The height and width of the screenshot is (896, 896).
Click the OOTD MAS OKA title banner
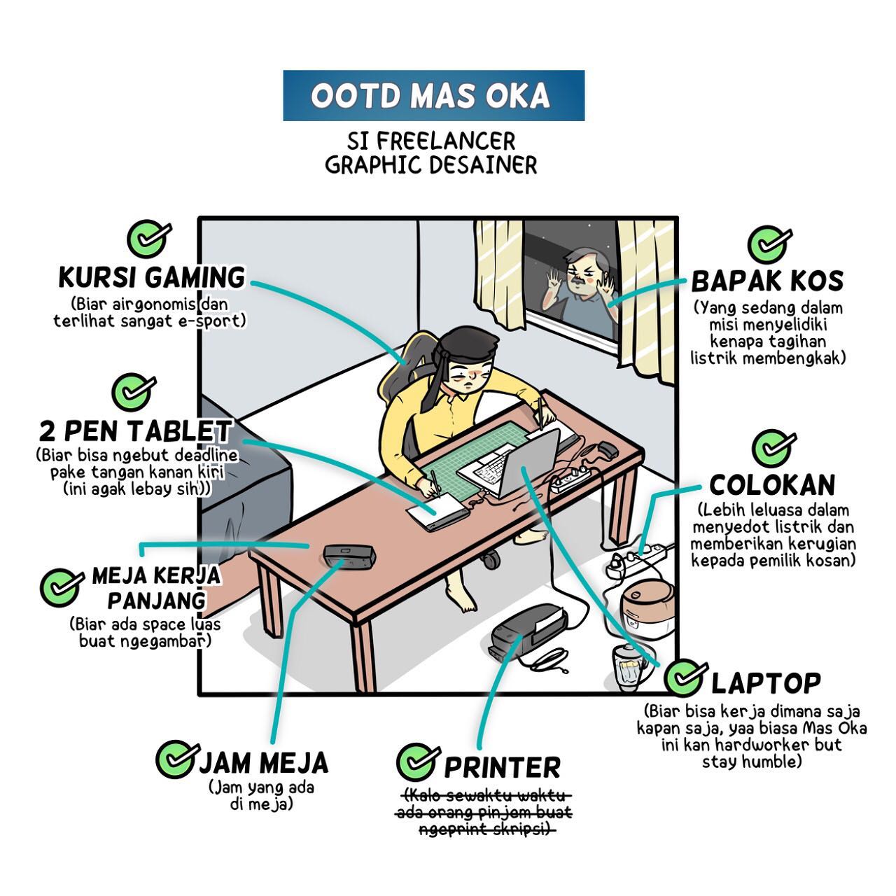[433, 96]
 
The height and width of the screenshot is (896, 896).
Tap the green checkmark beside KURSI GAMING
[148, 239]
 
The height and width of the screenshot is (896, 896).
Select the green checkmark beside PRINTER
[417, 761]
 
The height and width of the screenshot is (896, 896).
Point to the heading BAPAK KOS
[767, 281]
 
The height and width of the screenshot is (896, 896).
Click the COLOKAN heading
[772, 485]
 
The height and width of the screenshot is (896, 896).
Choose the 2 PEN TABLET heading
[135, 430]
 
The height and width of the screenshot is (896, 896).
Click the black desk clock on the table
[349, 557]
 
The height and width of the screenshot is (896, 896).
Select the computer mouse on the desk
[607, 449]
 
